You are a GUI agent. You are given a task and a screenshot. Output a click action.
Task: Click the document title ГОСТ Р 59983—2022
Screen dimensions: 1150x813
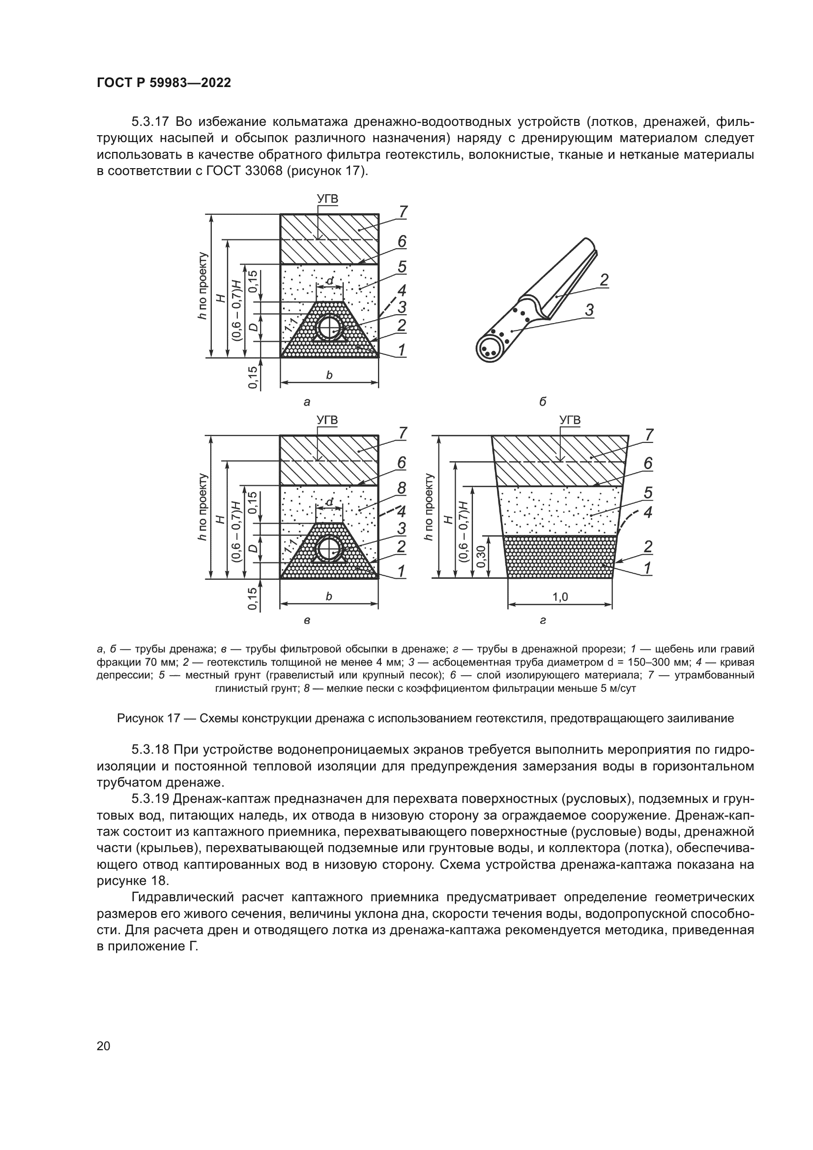pos(164,83)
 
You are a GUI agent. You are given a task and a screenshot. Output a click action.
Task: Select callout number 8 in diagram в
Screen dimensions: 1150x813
pos(402,487)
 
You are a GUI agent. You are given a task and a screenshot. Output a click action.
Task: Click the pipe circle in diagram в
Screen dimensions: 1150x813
pos(329,550)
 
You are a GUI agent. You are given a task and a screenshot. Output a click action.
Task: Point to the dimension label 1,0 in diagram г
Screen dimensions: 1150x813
pos(560,596)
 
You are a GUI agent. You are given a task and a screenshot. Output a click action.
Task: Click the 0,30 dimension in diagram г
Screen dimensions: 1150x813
pos(481,557)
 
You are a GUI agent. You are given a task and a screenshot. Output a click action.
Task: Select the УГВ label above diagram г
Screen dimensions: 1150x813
pos(570,420)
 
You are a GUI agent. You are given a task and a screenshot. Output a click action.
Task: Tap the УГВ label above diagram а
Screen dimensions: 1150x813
pos(328,199)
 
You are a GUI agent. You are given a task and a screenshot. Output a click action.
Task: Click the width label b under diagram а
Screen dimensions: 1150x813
pos(329,375)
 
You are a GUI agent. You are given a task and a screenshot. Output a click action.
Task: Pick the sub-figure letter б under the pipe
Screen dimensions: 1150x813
pos(543,401)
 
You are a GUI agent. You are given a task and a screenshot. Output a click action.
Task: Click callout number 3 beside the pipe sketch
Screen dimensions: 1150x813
pos(589,310)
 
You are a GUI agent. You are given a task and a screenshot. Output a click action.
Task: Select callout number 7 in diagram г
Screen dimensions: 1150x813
pos(649,435)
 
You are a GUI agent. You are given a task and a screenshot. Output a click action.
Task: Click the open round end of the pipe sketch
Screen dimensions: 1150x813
pos(489,349)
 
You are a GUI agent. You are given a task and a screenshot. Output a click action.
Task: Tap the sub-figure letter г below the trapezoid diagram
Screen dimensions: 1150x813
pos(543,620)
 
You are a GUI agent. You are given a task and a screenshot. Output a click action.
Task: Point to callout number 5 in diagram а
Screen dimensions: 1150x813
pos(402,266)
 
